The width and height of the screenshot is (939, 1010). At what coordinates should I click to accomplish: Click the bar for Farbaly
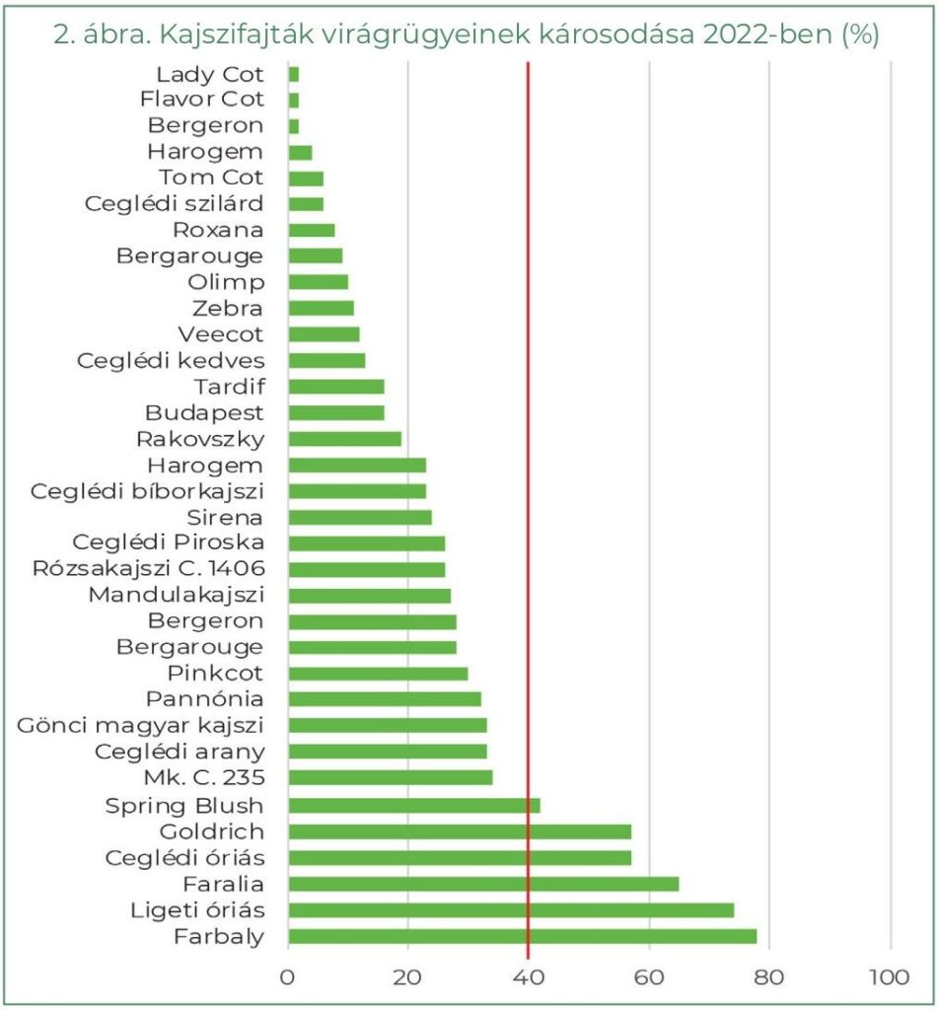[x=523, y=936]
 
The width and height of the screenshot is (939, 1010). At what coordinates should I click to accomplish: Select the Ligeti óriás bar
[x=511, y=909]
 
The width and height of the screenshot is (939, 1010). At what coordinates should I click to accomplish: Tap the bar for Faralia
[x=483, y=884]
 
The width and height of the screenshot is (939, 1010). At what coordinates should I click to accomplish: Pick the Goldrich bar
[x=460, y=831]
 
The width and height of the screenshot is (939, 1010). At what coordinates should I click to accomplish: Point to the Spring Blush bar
[x=414, y=805]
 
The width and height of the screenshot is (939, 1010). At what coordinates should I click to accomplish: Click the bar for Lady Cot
[x=294, y=74]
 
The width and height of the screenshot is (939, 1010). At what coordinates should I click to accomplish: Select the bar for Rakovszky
[x=345, y=439]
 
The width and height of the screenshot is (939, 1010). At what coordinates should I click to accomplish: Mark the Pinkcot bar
[x=378, y=674]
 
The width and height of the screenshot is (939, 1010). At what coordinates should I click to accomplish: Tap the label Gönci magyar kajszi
[x=141, y=726]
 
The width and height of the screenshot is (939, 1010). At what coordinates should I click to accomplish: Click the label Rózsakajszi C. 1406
[x=148, y=569]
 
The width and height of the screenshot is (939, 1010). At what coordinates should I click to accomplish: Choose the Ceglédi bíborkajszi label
[x=148, y=491]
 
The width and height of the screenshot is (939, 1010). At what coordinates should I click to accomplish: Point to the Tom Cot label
[x=211, y=178]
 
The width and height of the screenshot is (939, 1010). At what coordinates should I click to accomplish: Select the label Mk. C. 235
[x=204, y=778]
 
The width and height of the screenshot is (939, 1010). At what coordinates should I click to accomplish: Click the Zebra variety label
[x=229, y=309]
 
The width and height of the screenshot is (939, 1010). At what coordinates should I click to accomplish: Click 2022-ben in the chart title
[x=755, y=35]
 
